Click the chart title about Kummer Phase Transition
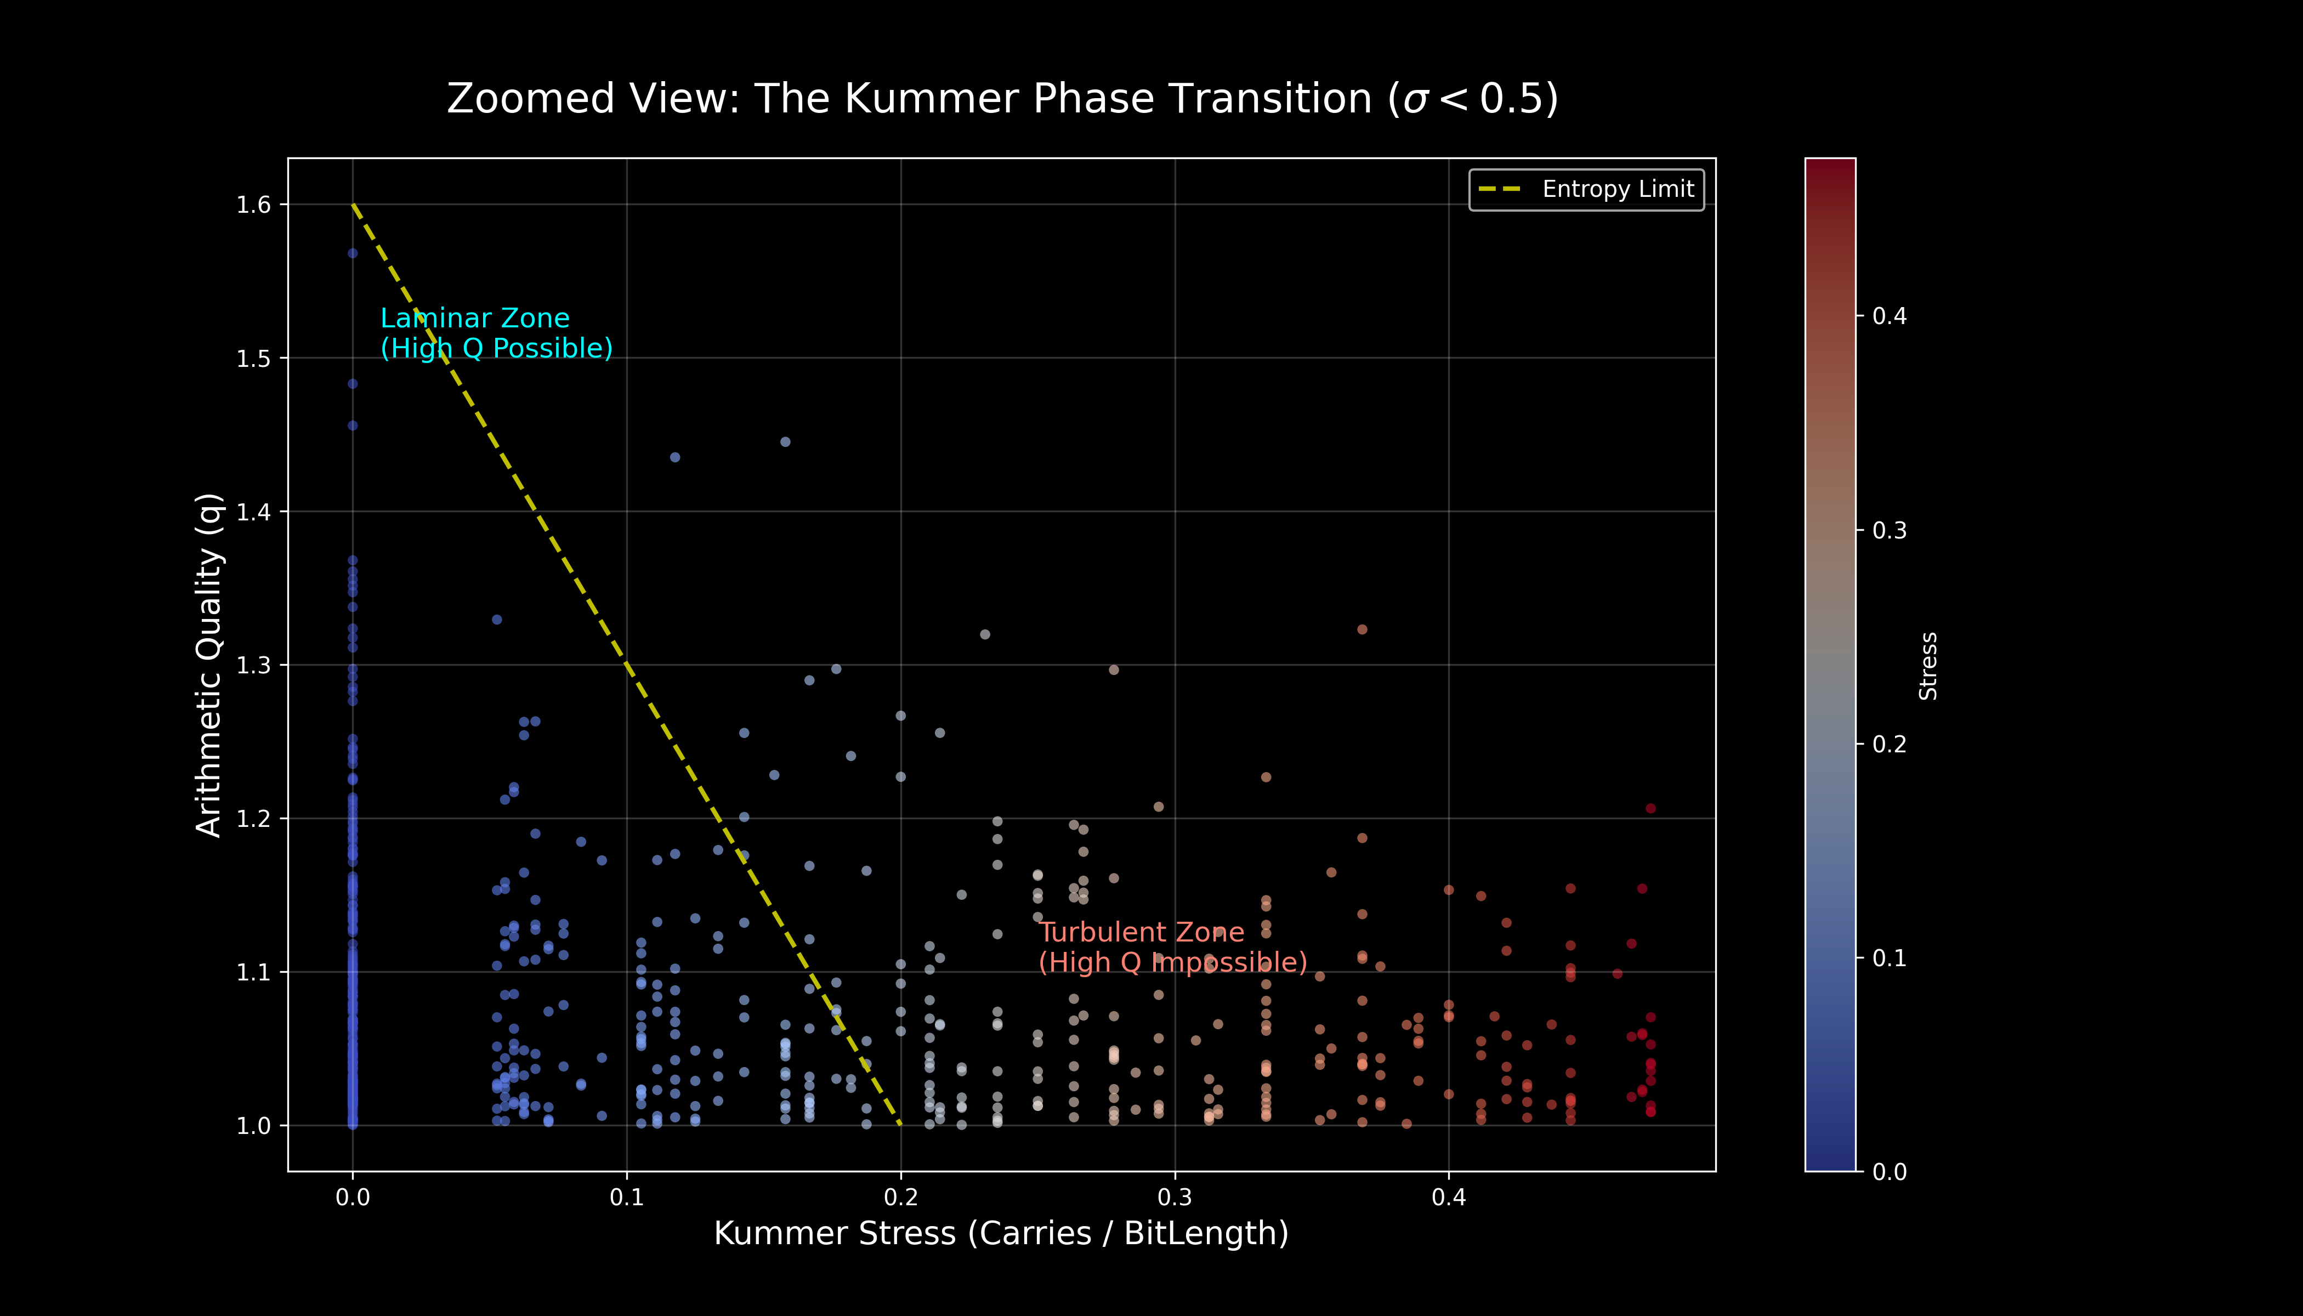click(1002, 99)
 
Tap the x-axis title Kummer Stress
click(1001, 1233)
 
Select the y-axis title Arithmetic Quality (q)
click(209, 665)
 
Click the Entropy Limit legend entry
click(1586, 189)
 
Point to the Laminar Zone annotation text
click(496, 333)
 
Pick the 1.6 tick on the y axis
click(253, 205)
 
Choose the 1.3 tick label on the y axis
click(253, 665)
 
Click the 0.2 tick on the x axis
click(900, 1198)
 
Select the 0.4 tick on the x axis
click(1449, 1198)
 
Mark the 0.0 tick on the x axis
click(353, 1198)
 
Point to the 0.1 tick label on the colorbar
click(1889, 958)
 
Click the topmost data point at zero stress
click(353, 253)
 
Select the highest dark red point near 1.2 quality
click(1650, 808)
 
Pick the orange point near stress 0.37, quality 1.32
click(1362, 629)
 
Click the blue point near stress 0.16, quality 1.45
click(785, 442)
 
